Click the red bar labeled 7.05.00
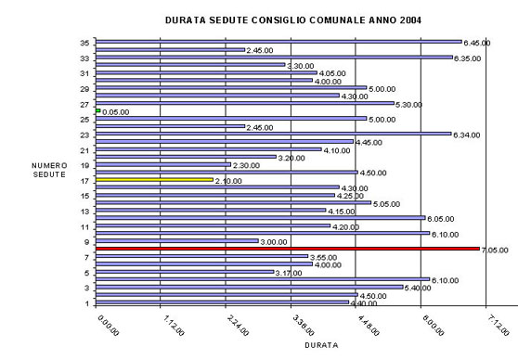click(x=287, y=249)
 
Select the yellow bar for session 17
click(x=154, y=180)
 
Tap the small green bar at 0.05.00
click(x=97, y=110)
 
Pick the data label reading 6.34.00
click(x=466, y=135)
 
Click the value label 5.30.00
click(x=409, y=104)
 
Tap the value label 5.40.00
click(x=419, y=288)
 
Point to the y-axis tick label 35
click(x=84, y=43)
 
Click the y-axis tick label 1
click(x=86, y=303)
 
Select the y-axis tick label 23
click(x=84, y=135)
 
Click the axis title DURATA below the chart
click(x=321, y=344)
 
